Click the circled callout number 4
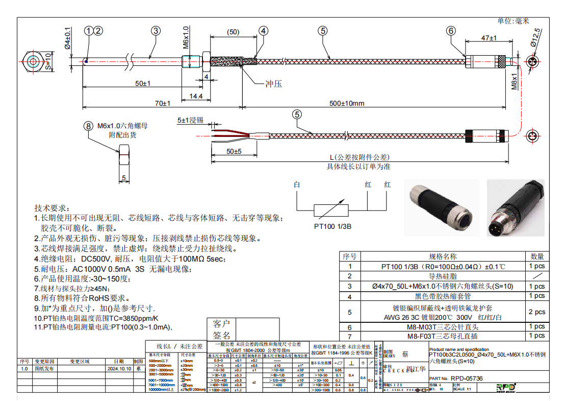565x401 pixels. click(263, 31)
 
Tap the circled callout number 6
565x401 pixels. click(451, 31)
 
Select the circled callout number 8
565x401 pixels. click(89, 125)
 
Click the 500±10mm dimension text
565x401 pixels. click(347, 104)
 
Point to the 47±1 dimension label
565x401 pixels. click(489, 38)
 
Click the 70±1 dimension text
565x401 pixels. click(163, 104)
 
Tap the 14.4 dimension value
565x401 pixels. click(196, 96)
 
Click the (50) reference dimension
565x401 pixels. click(233, 32)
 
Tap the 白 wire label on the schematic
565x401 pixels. click(297, 185)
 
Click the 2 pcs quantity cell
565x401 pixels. click(537, 312)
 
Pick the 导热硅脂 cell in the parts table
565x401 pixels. click(443, 276)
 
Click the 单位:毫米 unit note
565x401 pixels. click(513, 21)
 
